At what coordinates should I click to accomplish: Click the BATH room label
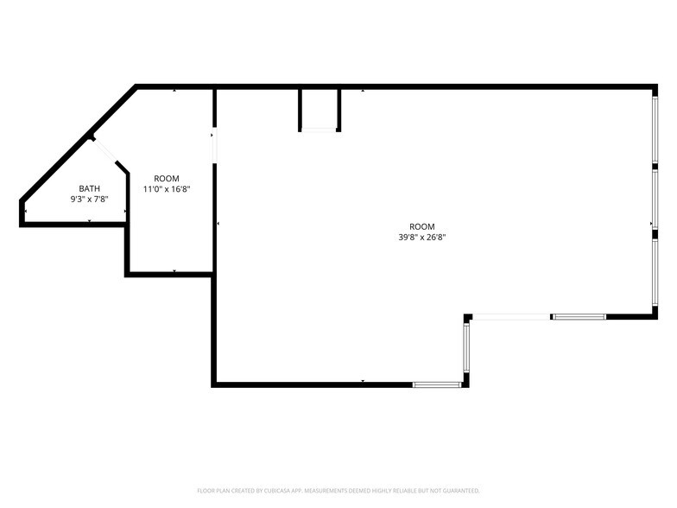(x=90, y=188)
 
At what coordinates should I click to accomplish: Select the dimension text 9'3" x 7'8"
(x=90, y=199)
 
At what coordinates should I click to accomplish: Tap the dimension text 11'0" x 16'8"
(x=167, y=188)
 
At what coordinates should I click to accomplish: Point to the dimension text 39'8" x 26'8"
(x=421, y=237)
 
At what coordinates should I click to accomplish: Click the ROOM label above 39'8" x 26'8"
(x=421, y=226)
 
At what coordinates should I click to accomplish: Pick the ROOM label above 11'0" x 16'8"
(x=167, y=178)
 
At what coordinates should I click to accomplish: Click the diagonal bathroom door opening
(x=105, y=150)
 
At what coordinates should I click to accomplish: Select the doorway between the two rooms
(x=214, y=145)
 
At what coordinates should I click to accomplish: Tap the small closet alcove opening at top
(x=320, y=130)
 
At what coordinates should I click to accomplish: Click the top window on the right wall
(x=655, y=130)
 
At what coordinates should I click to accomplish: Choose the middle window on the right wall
(x=655, y=199)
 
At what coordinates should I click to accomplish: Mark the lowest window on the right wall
(x=655, y=271)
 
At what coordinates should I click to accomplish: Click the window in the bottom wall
(x=437, y=384)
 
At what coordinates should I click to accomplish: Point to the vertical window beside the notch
(x=466, y=347)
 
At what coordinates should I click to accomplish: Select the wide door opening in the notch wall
(x=511, y=316)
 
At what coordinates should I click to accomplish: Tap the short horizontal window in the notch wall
(x=579, y=316)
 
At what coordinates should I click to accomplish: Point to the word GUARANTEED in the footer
(x=463, y=491)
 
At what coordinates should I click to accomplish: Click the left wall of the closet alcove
(x=300, y=111)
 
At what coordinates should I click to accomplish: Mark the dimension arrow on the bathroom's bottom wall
(x=90, y=221)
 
